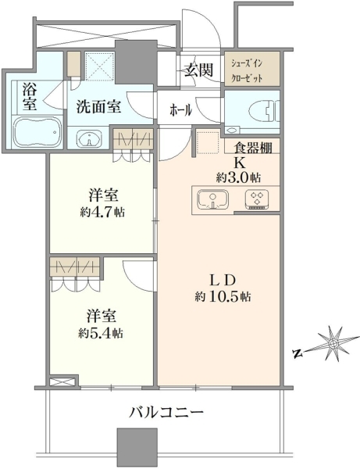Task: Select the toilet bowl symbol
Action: coord(264,110)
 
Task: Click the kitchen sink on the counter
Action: coord(213,199)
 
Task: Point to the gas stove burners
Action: coord(257,198)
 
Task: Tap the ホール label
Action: coord(180,111)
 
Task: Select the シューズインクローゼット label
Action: coord(247,71)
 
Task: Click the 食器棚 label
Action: coord(253,148)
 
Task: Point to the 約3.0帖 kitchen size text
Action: coord(238,177)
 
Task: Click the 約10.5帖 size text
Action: coord(223,297)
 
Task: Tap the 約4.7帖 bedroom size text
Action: coord(102,213)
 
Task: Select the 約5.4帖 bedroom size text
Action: coord(102,333)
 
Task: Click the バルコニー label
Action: coord(166,413)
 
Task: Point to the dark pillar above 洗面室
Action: coord(136,63)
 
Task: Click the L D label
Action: coord(222,281)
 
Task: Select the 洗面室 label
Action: coord(98,106)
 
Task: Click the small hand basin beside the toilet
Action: coord(231,130)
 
